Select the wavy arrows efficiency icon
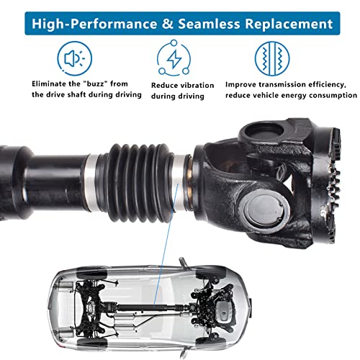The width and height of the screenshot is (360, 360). click(273, 58)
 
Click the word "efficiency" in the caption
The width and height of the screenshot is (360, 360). click(328, 84)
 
